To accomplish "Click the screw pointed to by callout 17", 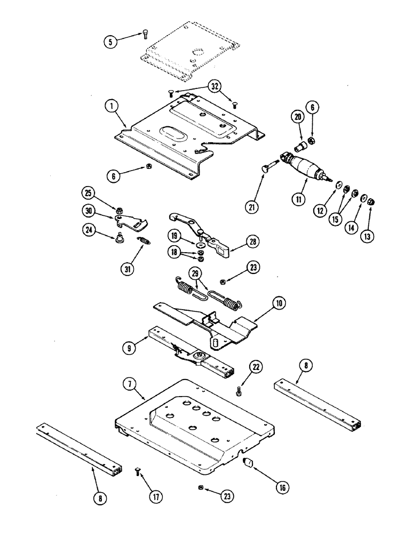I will [x=138, y=471].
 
